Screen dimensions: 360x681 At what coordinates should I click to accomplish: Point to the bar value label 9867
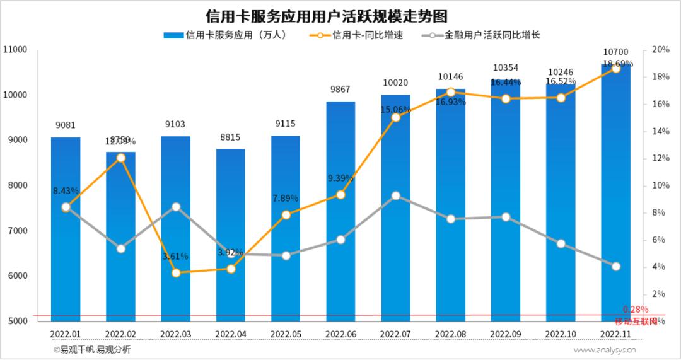pos(340,90)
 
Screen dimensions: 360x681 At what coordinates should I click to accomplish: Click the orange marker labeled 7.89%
pos(286,215)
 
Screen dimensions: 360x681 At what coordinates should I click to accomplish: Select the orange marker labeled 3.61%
pos(176,273)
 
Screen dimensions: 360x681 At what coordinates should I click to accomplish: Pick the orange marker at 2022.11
pos(615,68)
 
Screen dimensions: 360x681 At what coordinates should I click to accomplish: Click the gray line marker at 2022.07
pos(395,195)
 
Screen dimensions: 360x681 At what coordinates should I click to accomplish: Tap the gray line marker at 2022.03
pos(176,207)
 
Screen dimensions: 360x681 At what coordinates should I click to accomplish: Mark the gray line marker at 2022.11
pos(615,266)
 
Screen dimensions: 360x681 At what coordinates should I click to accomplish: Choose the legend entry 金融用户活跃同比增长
pos(492,35)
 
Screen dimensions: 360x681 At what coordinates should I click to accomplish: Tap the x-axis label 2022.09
pos(506,334)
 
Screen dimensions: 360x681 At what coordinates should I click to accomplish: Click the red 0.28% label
pos(635,309)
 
